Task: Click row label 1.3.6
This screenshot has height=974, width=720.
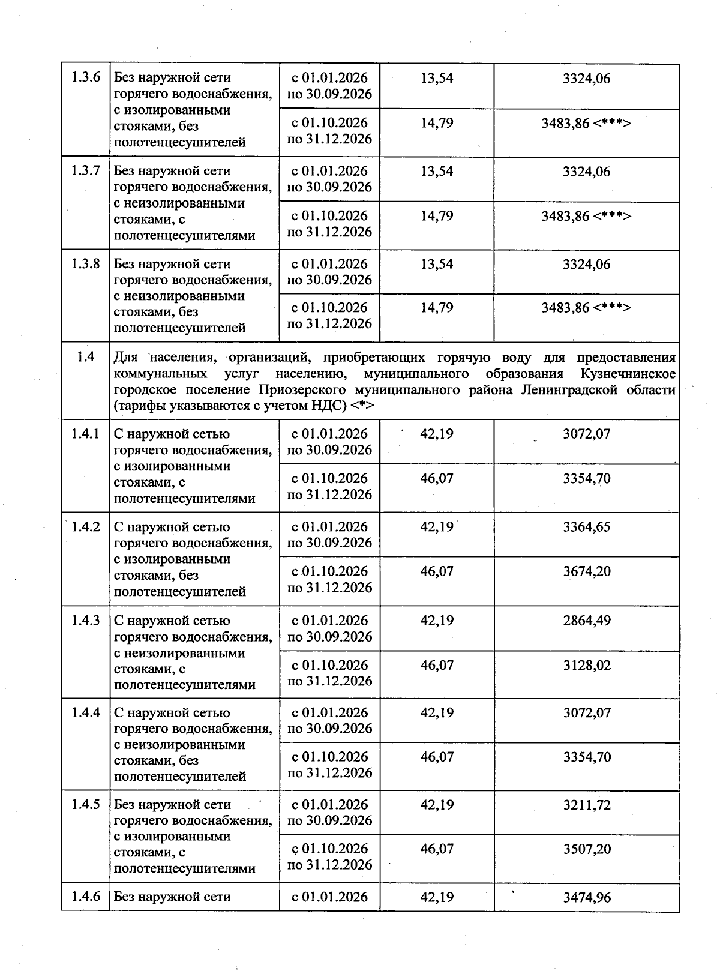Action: point(86,78)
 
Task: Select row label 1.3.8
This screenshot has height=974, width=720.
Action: point(86,264)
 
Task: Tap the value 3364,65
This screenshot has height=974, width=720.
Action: point(586,527)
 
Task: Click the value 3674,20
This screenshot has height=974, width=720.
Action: point(586,571)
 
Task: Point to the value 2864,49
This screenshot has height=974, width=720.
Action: point(586,621)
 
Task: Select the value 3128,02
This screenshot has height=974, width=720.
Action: point(586,665)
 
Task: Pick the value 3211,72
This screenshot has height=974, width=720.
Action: point(586,805)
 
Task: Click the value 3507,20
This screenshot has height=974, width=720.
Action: point(586,849)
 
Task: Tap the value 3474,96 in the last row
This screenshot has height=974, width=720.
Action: point(586,898)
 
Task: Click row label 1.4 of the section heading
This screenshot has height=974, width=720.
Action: point(86,358)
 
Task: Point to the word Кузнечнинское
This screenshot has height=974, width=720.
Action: point(628,374)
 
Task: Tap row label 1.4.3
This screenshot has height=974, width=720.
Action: point(86,621)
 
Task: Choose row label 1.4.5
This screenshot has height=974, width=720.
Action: point(86,805)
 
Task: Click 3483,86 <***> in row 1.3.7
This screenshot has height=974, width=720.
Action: point(586,216)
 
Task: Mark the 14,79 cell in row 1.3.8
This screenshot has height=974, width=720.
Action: point(437,308)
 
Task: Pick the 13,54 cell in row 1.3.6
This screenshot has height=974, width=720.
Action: point(437,78)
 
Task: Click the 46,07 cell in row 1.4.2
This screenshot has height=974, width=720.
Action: point(437,571)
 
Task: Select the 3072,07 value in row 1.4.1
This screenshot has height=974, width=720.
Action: point(586,434)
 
